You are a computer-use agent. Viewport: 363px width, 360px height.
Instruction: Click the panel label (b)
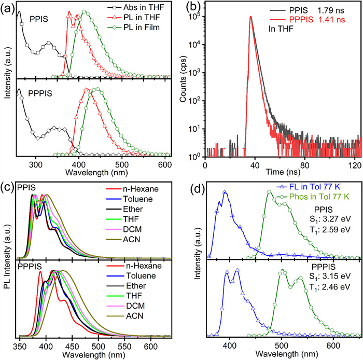click(201, 8)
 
